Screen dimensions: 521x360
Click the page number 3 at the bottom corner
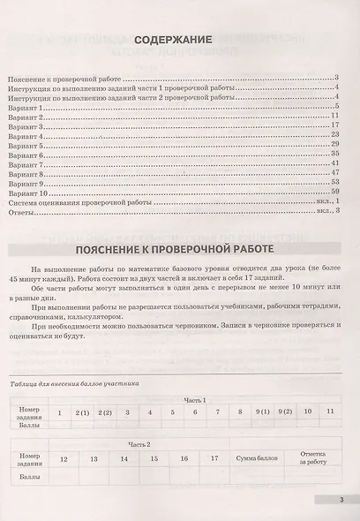pyautogui.click(x=339, y=501)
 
